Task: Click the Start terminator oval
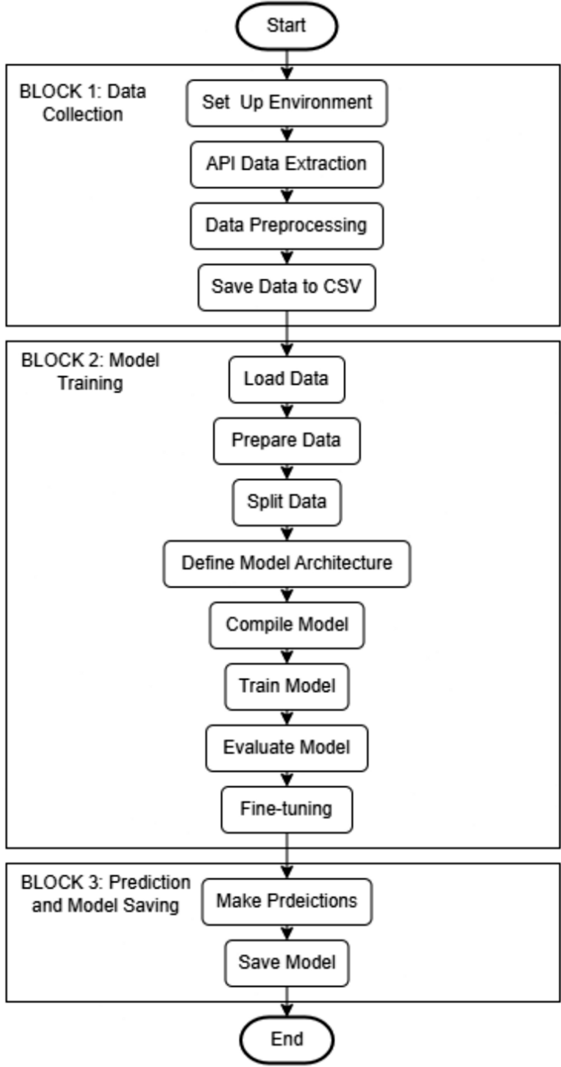(x=286, y=26)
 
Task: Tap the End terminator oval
(x=286, y=1039)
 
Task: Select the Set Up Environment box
(x=286, y=103)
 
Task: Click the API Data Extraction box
(x=286, y=164)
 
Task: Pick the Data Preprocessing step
(x=286, y=225)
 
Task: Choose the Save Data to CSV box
(x=286, y=287)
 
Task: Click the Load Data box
(x=286, y=379)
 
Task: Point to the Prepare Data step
(x=286, y=440)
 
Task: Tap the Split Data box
(x=286, y=502)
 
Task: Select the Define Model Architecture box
(x=286, y=563)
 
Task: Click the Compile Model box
(x=286, y=624)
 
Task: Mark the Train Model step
(x=286, y=686)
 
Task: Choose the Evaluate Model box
(x=286, y=747)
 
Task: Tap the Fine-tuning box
(x=286, y=809)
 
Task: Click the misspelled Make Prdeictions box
(x=286, y=901)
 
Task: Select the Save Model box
(x=286, y=962)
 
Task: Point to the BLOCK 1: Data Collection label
(x=83, y=103)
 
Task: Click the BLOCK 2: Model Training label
(x=90, y=371)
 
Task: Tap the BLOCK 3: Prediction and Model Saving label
(x=105, y=894)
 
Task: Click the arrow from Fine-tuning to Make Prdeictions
(x=286, y=855)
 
